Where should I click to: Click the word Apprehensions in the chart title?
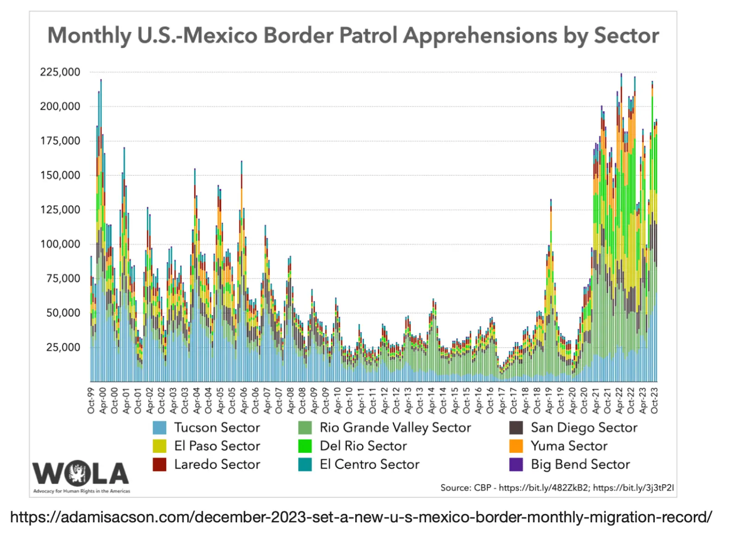(480, 36)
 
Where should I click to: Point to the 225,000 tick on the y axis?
(60, 72)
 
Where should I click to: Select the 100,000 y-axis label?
(60, 244)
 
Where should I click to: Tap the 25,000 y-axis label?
(63, 347)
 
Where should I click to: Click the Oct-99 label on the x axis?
(91, 401)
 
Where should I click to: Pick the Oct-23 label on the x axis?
(654, 401)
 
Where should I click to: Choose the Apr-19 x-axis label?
(549, 401)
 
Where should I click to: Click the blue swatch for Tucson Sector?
(159, 427)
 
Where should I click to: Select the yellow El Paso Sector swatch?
(159, 446)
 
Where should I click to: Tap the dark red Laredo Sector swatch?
(159, 464)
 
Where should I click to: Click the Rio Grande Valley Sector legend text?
(395, 427)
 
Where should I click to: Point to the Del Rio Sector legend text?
(363, 446)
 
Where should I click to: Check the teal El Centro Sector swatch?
(305, 464)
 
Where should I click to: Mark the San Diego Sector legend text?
(584, 427)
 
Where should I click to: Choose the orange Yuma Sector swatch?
(516, 446)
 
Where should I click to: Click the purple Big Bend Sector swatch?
(516, 464)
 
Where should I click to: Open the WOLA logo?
(81, 474)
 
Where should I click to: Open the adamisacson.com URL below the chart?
(361, 517)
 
